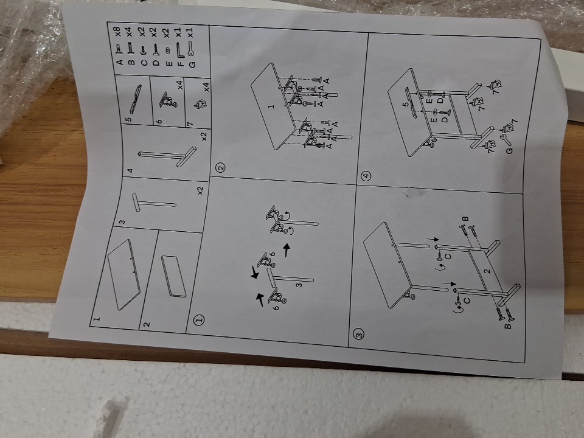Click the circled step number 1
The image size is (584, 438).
pyautogui.click(x=200, y=319)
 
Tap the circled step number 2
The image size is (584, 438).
pyautogui.click(x=221, y=168)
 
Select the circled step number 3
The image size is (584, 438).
pyautogui.click(x=359, y=334)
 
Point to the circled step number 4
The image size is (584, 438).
pyautogui.click(x=366, y=175)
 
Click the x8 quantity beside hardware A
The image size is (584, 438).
pyautogui.click(x=117, y=32)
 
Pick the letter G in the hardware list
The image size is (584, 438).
pyautogui.click(x=192, y=64)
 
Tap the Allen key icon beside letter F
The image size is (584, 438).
pyautogui.click(x=179, y=50)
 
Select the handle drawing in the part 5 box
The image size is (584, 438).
pyautogui.click(x=135, y=99)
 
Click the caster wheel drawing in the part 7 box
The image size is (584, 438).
pyautogui.click(x=200, y=104)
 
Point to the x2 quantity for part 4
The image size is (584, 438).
pyautogui.click(x=203, y=136)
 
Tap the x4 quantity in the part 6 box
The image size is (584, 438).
pyautogui.click(x=180, y=85)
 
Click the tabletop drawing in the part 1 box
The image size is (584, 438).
pyautogui.click(x=124, y=274)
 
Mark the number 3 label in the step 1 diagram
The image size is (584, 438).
pyautogui.click(x=298, y=285)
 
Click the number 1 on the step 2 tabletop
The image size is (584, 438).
pyautogui.click(x=271, y=106)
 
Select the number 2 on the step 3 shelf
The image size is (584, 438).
pyautogui.click(x=487, y=271)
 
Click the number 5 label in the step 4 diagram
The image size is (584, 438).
pyautogui.click(x=405, y=104)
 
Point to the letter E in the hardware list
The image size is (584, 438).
pyautogui.click(x=169, y=64)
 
